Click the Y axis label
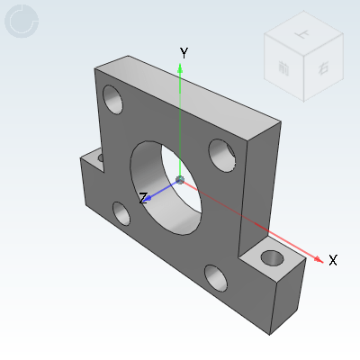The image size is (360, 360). pos(184,53)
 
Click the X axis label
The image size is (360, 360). pos(332,260)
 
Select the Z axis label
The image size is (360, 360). pos(143,198)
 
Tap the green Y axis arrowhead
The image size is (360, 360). pos(181,70)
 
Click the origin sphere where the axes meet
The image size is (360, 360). pos(181,181)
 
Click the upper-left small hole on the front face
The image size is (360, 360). pos(113,97)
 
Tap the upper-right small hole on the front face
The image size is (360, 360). pos(222,155)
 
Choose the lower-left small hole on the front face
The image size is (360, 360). pos(121,213)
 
